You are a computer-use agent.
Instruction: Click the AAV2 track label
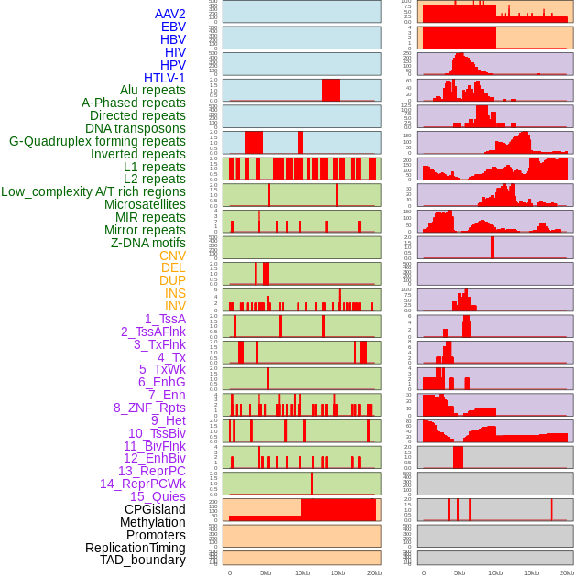tap(170, 14)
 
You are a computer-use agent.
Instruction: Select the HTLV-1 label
tap(165, 78)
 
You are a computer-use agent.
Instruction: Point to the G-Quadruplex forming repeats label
tap(97, 141)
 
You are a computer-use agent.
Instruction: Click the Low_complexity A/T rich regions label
tap(93, 191)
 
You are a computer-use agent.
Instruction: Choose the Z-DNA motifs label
tap(148, 243)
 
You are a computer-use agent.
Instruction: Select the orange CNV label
tap(172, 256)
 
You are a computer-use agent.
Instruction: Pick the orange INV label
tap(175, 306)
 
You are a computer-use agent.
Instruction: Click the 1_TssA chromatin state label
tap(165, 319)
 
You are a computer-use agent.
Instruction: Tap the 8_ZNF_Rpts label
tap(149, 408)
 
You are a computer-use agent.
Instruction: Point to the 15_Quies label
tap(158, 496)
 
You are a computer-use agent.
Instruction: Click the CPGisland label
tap(155, 509)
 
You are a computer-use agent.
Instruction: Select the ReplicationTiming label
tap(135, 548)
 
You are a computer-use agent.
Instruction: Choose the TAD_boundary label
tap(143, 560)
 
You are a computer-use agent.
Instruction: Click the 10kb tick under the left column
tap(301, 572)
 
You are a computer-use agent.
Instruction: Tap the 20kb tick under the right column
tap(567, 572)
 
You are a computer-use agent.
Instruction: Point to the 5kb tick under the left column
tap(266, 572)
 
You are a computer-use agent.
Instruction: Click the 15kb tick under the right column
tap(531, 572)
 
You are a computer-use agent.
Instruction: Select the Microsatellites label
tap(145, 204)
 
